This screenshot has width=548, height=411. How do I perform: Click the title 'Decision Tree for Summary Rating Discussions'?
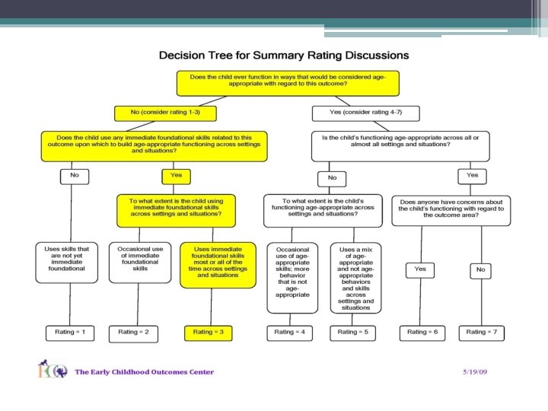coord(283,56)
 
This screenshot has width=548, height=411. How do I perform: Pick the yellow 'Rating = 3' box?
coord(208,332)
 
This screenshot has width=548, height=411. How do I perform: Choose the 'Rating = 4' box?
coord(288,332)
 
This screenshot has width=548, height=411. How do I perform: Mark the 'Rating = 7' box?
coord(481,332)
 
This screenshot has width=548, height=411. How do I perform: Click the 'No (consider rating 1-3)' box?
coord(164,113)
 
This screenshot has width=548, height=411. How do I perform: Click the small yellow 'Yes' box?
coord(177,176)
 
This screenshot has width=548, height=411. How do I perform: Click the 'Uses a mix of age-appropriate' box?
coord(356,277)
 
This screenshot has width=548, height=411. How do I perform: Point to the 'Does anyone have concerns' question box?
coord(451,210)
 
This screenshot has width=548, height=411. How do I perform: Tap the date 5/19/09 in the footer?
coord(476,372)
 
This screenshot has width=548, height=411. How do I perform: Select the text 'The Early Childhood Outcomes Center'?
coord(145,372)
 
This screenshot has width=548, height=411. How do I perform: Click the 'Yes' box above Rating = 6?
coord(420,269)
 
